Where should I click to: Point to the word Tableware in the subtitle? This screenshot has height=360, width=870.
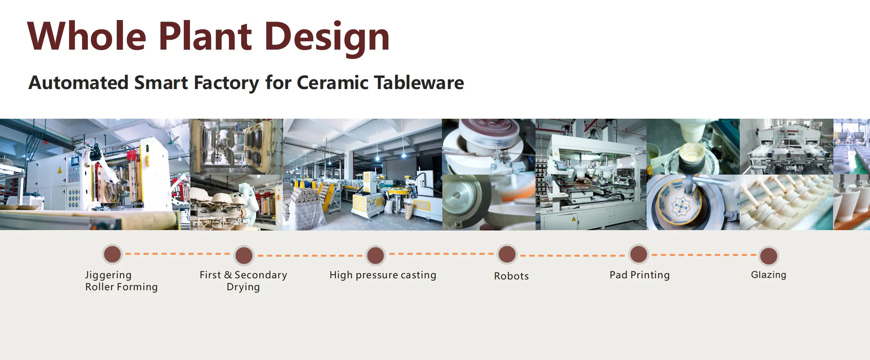419,82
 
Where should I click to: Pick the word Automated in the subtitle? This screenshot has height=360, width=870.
79,82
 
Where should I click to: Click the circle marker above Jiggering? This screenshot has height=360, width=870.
113,254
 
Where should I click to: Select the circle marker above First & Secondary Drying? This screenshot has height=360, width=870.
244,255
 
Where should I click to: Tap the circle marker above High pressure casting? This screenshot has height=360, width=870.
376,255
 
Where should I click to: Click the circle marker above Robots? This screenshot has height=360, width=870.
507,254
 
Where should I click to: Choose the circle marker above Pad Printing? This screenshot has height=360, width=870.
639,254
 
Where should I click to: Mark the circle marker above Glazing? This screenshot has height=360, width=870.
769,256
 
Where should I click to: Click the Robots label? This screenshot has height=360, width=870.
511,276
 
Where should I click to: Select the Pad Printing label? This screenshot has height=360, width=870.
640,275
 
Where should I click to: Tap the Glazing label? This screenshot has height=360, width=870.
769,275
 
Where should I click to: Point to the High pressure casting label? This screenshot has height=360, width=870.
383,275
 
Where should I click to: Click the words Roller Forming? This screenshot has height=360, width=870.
121,287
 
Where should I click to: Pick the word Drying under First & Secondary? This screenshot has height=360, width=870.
243,287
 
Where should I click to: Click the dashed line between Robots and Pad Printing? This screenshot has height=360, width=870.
573,256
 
